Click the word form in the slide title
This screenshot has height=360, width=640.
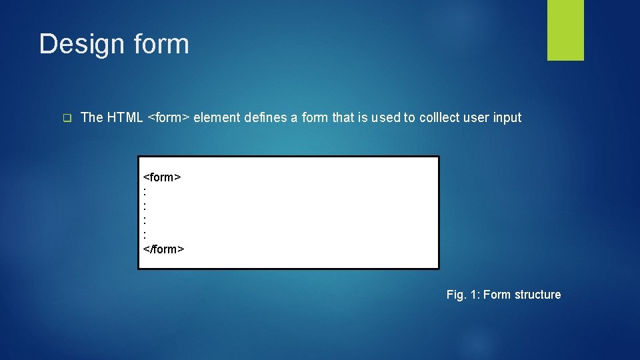[161, 44]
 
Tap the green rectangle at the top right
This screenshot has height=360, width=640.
[565, 30]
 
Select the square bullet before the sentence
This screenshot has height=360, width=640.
[67, 119]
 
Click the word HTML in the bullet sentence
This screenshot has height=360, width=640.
[125, 118]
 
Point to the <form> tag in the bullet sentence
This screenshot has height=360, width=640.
[169, 118]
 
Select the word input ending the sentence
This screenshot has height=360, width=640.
[507, 118]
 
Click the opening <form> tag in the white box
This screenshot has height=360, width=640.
[163, 177]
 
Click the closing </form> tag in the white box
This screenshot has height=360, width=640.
[164, 249]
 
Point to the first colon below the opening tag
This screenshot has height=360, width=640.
[145, 189]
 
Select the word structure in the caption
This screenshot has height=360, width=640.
[537, 295]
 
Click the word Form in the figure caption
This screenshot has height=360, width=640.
[497, 295]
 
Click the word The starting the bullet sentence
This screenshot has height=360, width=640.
[92, 118]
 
